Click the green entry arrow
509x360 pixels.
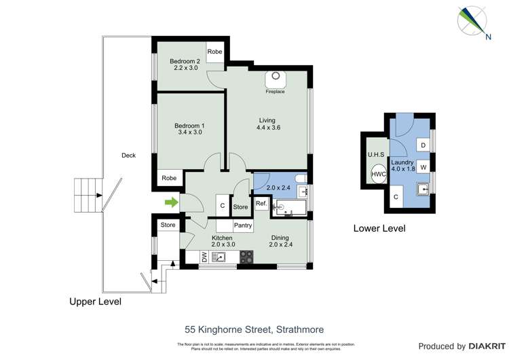coord(171,202)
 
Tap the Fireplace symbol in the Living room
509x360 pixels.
coord(276,79)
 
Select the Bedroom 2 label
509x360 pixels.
coord(185,60)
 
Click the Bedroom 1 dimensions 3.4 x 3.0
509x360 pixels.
coord(189,132)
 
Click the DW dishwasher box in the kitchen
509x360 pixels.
coord(204,257)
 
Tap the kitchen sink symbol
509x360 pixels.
coord(220,257)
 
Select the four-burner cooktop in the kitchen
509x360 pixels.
coord(247,257)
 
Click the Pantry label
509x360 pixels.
coord(243,226)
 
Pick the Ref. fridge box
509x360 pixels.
coord(261,204)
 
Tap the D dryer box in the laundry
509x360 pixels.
coord(423,145)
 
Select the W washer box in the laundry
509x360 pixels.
coord(423,166)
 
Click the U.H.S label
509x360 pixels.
coord(376,155)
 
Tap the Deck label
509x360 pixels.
coord(128,156)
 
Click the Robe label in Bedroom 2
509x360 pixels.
coord(215,52)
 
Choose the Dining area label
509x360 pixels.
coord(280,237)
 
